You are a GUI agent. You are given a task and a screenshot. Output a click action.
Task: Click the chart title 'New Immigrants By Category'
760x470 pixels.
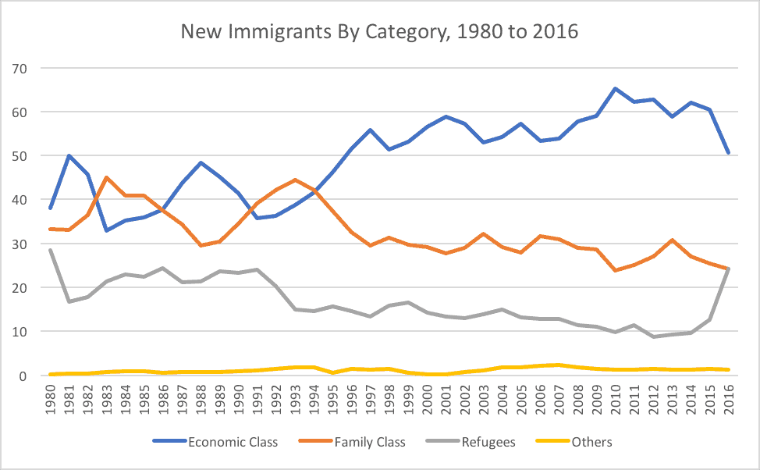(x=379, y=32)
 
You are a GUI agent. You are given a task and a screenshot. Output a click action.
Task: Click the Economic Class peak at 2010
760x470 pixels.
(x=615, y=89)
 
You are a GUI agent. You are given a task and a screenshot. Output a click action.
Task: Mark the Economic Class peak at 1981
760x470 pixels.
(x=69, y=155)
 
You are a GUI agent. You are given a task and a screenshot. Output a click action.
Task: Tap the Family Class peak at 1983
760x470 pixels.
(x=107, y=177)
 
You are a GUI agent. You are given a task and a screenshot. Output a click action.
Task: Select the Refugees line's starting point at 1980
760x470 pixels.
(x=51, y=250)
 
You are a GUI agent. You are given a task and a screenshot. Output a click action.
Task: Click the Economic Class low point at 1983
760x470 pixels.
(x=107, y=230)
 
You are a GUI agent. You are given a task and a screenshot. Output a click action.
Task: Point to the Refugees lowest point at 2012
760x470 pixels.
(x=652, y=336)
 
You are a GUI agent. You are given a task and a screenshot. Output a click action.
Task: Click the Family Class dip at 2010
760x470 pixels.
(x=615, y=270)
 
